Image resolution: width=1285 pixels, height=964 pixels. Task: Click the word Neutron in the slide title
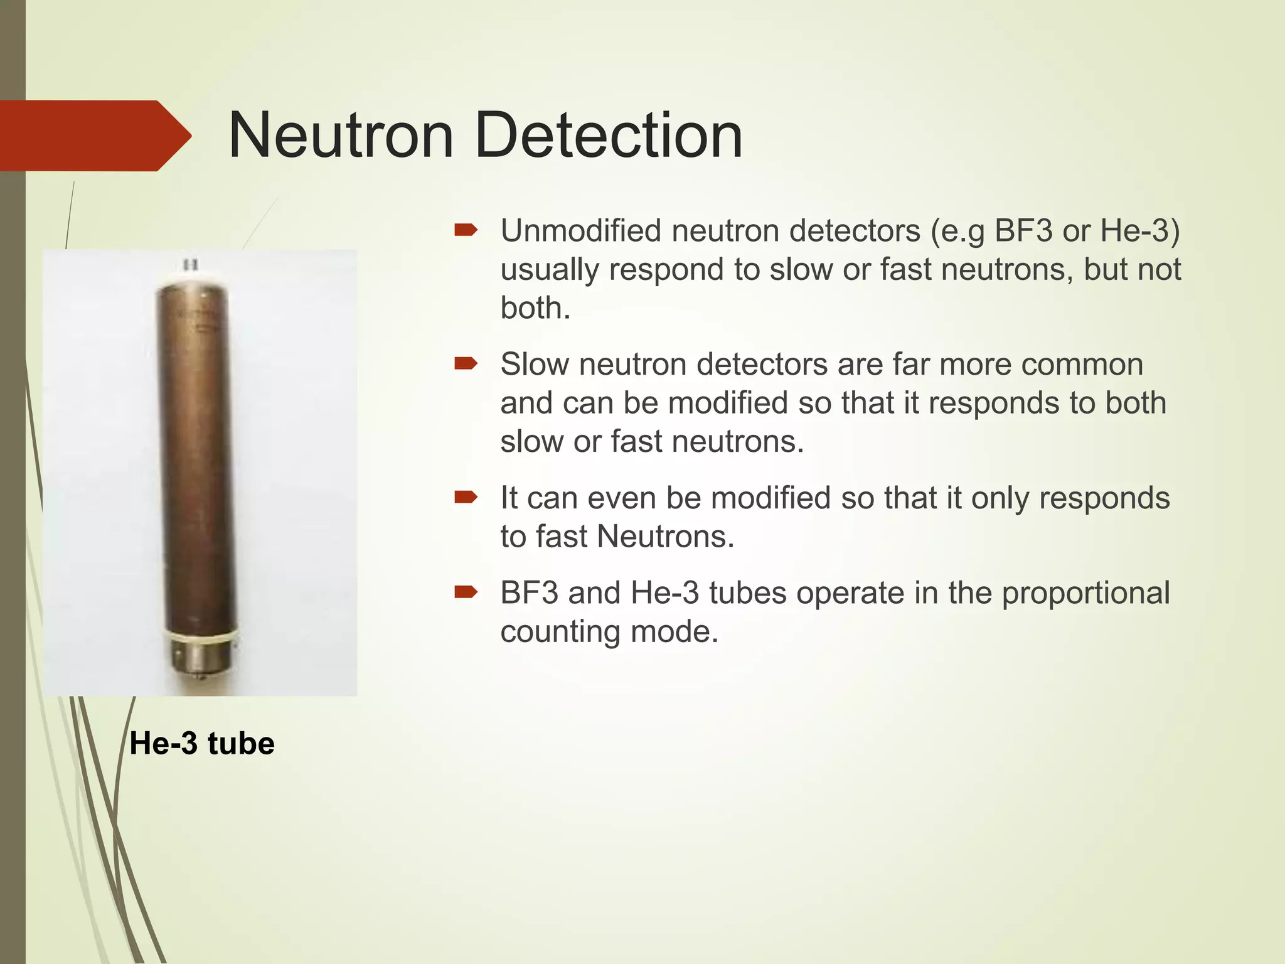pos(341,136)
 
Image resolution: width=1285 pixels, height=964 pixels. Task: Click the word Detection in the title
pos(609,136)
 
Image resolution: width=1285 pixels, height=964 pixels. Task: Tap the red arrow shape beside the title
pos(94,136)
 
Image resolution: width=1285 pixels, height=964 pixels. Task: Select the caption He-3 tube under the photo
pos(202,744)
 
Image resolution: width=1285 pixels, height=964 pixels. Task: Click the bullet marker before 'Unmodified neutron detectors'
pos(466,230)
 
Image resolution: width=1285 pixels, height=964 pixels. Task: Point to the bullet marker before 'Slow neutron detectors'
pos(466,363)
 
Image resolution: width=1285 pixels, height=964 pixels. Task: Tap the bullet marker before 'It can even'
pos(466,498)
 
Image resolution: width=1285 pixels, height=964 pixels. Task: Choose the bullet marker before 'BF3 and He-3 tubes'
pos(466,592)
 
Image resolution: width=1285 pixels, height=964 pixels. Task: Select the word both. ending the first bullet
pos(535,308)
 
